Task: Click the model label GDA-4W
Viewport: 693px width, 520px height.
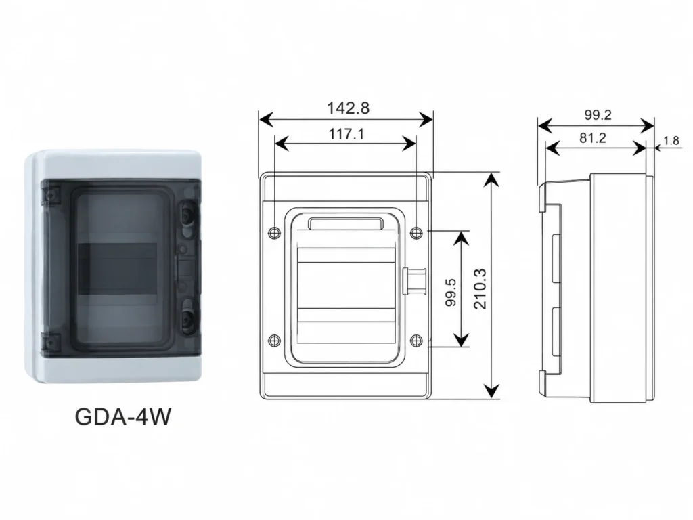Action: coord(122,416)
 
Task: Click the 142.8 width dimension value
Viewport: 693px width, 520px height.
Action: coord(348,108)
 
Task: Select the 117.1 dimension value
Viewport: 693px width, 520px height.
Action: coord(346,133)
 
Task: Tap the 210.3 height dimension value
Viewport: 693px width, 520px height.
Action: coord(480,288)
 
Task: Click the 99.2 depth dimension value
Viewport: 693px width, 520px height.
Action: coord(598,115)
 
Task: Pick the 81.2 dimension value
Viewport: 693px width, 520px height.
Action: coord(592,138)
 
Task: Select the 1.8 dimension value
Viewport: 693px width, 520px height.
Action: coord(671,141)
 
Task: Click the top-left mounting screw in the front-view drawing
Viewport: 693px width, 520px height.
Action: coord(275,232)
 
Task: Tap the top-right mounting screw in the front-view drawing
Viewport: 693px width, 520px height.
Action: coord(416,233)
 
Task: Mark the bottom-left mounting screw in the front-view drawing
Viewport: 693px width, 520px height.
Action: coord(275,340)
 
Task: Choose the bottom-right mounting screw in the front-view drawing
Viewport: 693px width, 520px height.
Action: coord(416,340)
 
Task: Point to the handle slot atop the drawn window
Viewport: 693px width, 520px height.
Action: coord(346,223)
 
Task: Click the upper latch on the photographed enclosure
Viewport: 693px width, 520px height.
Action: coord(187,213)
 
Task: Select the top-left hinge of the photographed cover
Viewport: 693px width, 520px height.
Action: coord(49,194)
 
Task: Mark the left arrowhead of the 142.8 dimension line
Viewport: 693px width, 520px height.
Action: coord(267,119)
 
